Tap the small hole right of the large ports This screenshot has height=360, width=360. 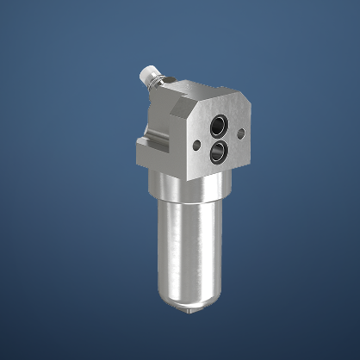tap(240, 133)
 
